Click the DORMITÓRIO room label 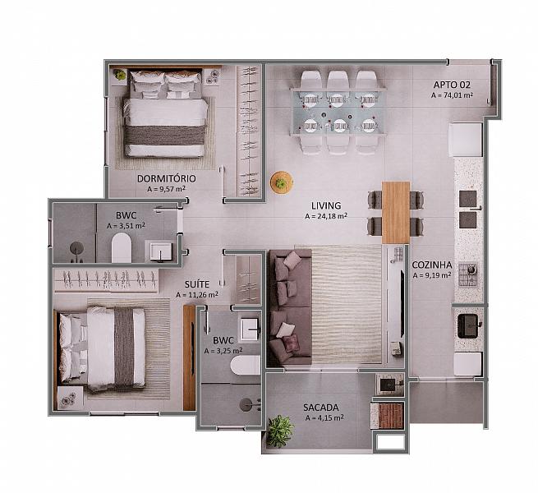(167, 178)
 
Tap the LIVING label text (326, 205)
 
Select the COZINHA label (432, 265)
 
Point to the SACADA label (321, 408)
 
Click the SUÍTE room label (197, 284)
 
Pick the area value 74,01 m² (452, 95)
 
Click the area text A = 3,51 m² (126, 226)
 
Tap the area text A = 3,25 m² (223, 351)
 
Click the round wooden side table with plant (282, 183)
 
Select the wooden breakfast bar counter (396, 212)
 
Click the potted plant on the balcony (279, 431)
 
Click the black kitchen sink (467, 326)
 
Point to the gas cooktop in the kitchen (467, 274)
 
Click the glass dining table (338, 112)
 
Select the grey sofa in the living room (290, 306)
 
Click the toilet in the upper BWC (122, 247)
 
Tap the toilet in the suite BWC (246, 365)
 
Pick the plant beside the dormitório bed (119, 74)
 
